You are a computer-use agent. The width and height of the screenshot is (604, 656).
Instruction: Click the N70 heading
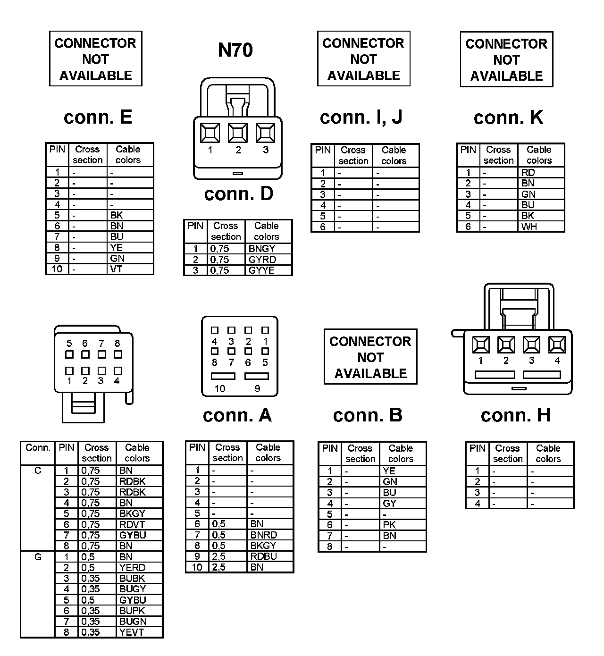235,50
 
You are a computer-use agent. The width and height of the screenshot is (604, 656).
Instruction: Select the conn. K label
508,118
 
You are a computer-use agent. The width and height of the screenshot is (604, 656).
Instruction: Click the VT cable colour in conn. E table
116,269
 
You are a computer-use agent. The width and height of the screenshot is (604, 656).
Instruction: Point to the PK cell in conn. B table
389,525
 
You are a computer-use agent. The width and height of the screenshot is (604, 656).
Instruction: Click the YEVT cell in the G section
131,632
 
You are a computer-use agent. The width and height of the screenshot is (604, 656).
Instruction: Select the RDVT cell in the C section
132,524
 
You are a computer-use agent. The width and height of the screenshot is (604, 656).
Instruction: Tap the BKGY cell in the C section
132,513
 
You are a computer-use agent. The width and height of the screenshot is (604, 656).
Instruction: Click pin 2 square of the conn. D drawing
238,133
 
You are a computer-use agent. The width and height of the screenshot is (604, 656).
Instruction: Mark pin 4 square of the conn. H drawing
557,345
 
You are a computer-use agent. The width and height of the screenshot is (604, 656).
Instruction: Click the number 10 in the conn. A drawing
220,389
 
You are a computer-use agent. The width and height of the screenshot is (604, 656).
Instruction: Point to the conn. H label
515,415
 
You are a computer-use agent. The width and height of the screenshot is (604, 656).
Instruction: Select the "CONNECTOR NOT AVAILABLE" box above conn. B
370,357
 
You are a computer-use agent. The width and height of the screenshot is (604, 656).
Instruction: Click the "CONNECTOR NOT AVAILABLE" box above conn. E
96,59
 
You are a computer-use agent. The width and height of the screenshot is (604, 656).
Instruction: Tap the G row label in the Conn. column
38,557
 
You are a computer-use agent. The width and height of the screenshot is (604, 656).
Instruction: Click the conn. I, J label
361,118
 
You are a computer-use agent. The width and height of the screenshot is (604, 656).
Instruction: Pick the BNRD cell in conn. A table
263,535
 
